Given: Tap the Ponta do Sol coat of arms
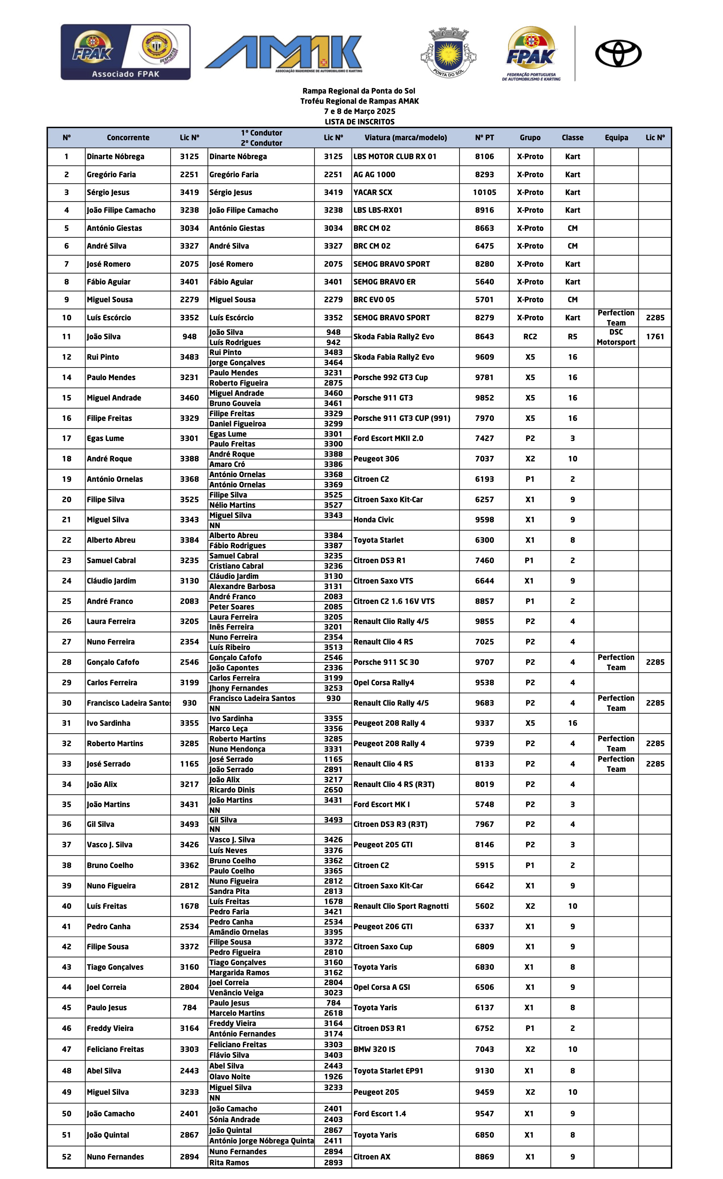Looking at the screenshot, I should [x=448, y=53].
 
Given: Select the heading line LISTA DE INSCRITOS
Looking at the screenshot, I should [x=359, y=122].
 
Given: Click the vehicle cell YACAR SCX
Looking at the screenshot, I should [x=373, y=192].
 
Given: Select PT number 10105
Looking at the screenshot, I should [x=484, y=192].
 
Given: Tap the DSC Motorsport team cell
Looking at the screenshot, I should [x=616, y=337].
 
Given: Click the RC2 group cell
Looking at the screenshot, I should [x=530, y=337].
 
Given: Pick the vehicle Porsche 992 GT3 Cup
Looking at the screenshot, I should [x=390, y=377].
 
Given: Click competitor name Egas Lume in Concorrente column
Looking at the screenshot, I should [x=105, y=438].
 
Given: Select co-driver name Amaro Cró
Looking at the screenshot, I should [x=227, y=464].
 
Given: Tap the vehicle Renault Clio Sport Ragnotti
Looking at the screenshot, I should [x=401, y=906].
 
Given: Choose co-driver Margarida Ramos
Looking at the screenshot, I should [x=239, y=973].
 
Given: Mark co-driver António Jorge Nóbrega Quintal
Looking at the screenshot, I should [x=261, y=1141].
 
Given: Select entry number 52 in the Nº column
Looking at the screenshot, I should [x=66, y=1157].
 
